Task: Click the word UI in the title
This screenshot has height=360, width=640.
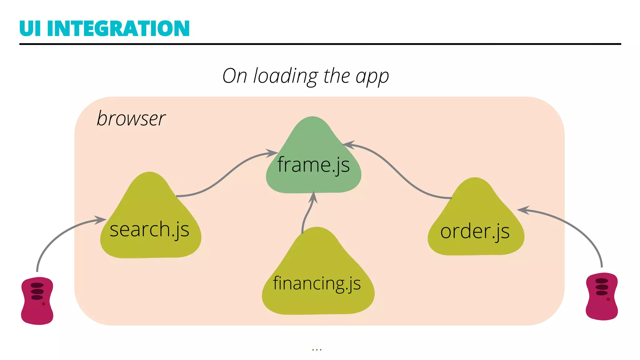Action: (30, 28)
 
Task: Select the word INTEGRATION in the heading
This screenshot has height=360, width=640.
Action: (118, 28)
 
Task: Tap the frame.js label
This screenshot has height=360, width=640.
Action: (313, 165)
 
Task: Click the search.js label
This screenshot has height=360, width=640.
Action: (149, 229)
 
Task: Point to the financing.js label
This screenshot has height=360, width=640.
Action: (317, 283)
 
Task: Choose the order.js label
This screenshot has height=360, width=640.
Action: (475, 231)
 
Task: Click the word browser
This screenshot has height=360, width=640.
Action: (131, 118)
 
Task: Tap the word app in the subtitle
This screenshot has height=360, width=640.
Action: (372, 77)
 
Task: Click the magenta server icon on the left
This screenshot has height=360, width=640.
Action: (37, 301)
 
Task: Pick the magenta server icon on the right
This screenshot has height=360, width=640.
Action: (602, 297)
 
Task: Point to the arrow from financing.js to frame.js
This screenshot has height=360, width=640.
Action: (308, 212)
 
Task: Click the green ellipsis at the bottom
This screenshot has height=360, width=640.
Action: (317, 350)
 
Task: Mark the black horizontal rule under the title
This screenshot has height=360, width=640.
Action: (320, 44)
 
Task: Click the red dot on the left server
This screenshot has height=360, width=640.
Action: (43, 304)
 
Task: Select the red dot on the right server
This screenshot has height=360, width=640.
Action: (608, 299)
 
